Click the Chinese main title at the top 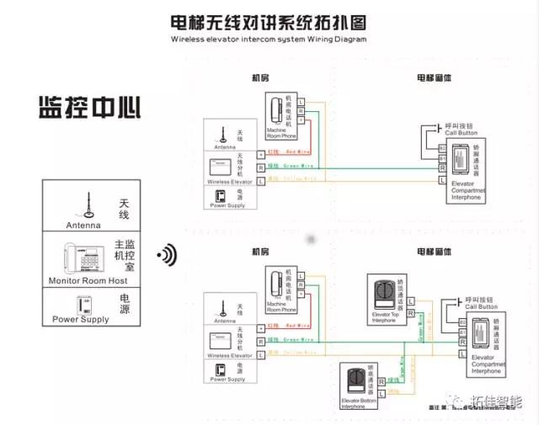269,20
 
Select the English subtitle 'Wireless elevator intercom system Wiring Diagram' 269,40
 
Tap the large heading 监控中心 89,108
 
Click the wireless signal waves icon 169,253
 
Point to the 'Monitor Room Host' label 88,280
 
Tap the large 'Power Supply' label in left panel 80,320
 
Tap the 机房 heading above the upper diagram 261,77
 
